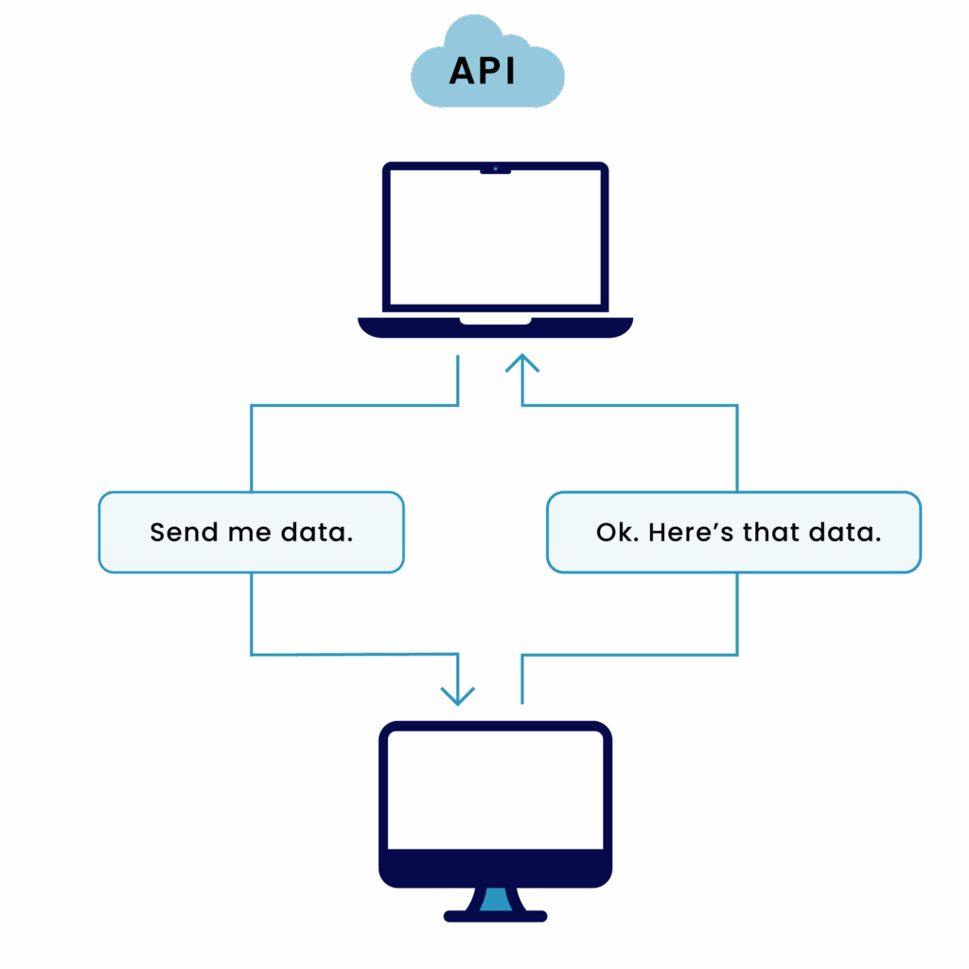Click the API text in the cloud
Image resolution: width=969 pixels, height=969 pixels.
[x=483, y=71]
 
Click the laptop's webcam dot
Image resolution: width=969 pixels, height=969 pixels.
[x=495, y=168]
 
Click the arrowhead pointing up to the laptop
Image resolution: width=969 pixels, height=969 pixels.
[x=522, y=363]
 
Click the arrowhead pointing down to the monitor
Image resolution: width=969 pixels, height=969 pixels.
[x=458, y=696]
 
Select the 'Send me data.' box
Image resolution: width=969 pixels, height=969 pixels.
[x=251, y=532]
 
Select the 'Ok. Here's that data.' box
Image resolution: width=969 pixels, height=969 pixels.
[x=733, y=532]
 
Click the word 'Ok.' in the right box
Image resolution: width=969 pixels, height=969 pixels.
[x=616, y=532]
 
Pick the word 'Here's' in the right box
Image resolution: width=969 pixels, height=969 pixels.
[x=691, y=532]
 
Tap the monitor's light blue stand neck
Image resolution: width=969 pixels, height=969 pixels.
[x=495, y=900]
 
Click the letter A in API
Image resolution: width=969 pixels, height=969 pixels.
[x=462, y=71]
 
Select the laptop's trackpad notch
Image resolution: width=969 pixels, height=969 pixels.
[x=495, y=320]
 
